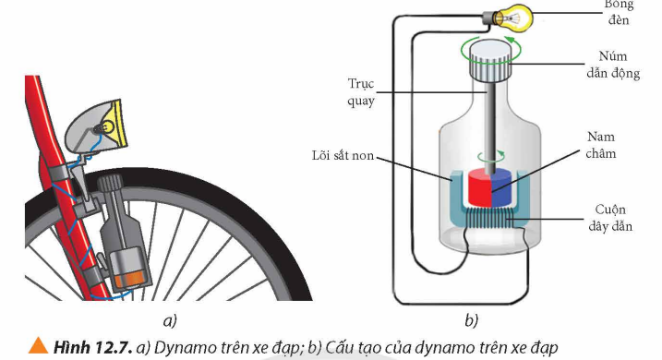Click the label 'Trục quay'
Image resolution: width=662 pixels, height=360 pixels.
361,92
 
